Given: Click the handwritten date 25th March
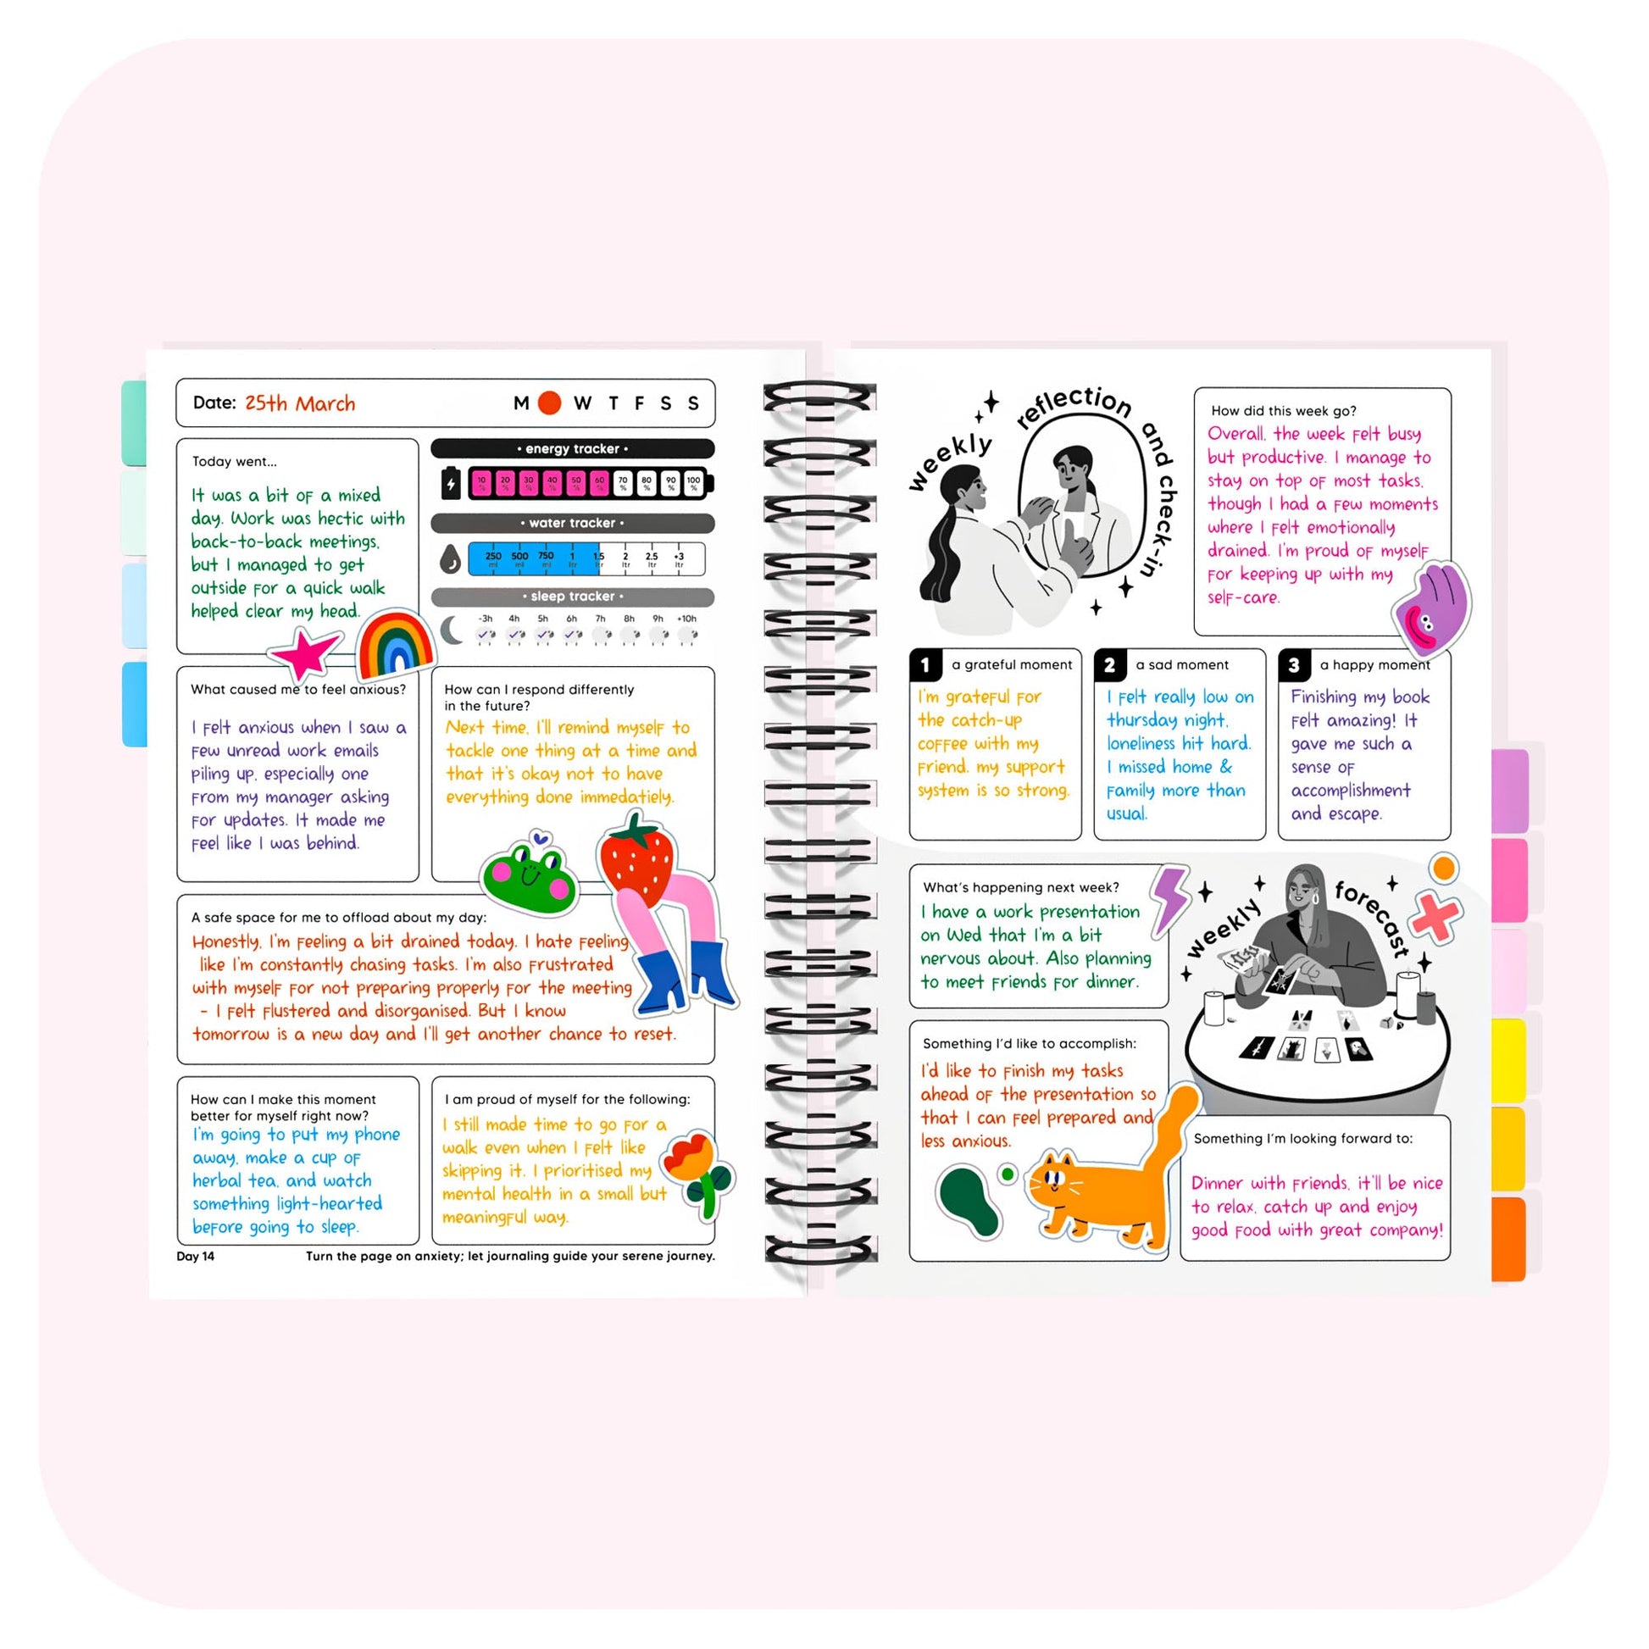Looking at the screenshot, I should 300,403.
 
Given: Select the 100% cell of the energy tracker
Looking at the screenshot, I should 693,483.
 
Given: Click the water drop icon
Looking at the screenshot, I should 450,560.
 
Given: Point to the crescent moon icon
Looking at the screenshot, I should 452,631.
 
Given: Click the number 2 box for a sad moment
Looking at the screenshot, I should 1108,665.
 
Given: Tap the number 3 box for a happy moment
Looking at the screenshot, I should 1293,665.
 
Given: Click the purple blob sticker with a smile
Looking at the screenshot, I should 1432,608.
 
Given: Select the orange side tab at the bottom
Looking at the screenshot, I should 1508,1239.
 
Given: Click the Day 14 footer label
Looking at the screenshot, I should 196,1256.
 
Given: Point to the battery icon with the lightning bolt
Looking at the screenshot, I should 450,483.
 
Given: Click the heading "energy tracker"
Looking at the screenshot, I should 572,449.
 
